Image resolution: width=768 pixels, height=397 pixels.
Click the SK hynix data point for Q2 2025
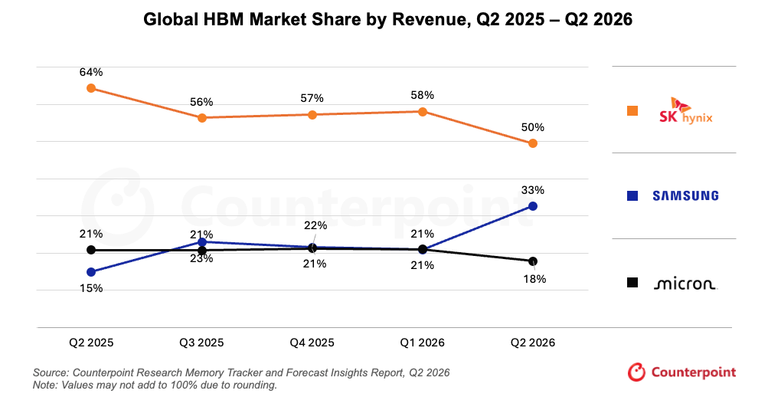coord(91,88)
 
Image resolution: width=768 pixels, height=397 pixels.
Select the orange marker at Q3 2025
coord(202,117)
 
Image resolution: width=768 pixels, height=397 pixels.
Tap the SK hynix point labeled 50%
coord(533,143)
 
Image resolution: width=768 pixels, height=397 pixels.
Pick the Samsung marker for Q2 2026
coord(533,206)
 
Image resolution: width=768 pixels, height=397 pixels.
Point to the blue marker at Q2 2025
coord(91,272)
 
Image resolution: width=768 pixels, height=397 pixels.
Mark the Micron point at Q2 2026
coord(533,261)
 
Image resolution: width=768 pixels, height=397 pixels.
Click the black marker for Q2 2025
coord(91,250)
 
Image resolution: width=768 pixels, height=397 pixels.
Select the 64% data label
coord(91,72)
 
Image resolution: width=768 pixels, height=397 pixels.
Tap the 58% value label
coord(422,95)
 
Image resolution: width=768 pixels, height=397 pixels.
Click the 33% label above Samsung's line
coord(532,190)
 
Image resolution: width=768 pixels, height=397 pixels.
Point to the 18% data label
coord(534,279)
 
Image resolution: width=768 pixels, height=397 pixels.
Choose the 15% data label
coord(91,288)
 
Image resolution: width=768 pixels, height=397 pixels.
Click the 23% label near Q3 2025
coord(201,258)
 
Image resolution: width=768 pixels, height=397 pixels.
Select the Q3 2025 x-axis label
coord(201,343)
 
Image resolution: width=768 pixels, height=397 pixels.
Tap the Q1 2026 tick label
coord(422,343)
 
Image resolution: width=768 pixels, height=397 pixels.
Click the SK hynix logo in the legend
coord(685,111)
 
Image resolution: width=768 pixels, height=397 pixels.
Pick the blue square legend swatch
coord(632,195)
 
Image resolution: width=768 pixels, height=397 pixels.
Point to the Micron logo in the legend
coord(685,284)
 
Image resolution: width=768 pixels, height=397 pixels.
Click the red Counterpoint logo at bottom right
coord(681,372)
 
